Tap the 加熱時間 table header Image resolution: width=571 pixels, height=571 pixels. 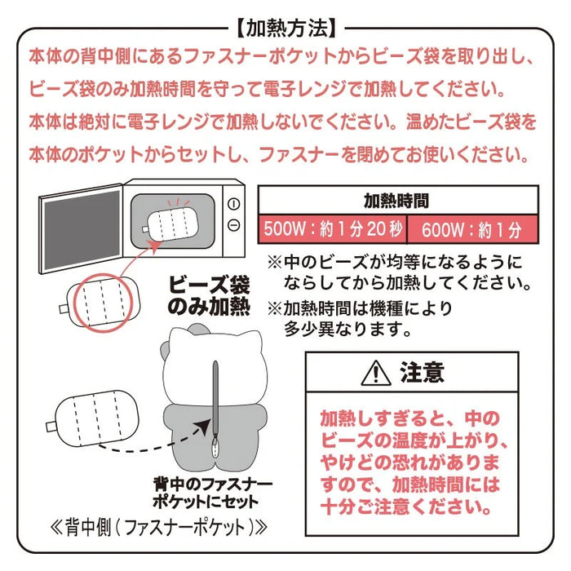click(x=397, y=201)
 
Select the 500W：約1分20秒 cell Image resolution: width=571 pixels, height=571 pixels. click(x=332, y=229)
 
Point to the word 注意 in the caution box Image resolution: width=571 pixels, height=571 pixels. click(x=422, y=373)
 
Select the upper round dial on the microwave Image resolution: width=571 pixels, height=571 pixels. click(x=234, y=204)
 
